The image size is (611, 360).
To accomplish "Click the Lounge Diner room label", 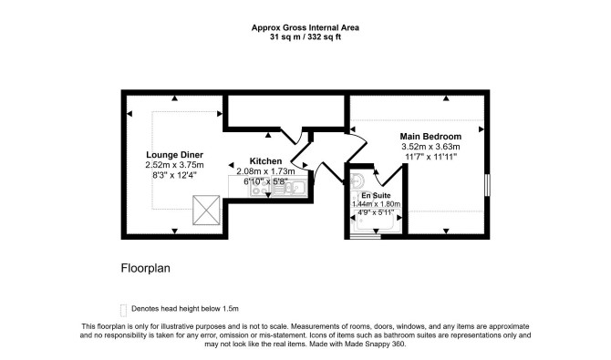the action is click(174, 155).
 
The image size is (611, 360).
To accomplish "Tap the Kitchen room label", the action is click(265, 161).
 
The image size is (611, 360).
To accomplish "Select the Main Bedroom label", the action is click(430, 137).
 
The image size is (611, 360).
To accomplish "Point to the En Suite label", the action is click(376, 196).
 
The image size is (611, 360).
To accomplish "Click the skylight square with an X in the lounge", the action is click(206, 210).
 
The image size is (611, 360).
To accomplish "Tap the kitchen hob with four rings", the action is click(260, 188).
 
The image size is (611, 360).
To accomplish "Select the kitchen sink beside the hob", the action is click(289, 188).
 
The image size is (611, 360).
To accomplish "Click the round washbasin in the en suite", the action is click(357, 180).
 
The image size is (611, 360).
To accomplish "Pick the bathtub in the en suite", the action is click(376, 221).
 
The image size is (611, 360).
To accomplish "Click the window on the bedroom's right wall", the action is click(487, 185).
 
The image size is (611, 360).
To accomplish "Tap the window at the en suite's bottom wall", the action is click(365, 236).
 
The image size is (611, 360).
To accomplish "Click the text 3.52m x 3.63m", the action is click(430, 147).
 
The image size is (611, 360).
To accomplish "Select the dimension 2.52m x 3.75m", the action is click(174, 165).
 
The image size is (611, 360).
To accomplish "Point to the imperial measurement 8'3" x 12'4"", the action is click(174, 175).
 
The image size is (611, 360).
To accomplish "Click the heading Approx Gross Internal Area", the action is click(305, 27).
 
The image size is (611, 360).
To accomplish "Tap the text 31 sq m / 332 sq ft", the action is click(305, 37).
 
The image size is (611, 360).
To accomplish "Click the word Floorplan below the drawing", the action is click(145, 269).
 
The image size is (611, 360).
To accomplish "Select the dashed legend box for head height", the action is click(123, 310).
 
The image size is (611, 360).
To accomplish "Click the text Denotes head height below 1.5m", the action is click(185, 309).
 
